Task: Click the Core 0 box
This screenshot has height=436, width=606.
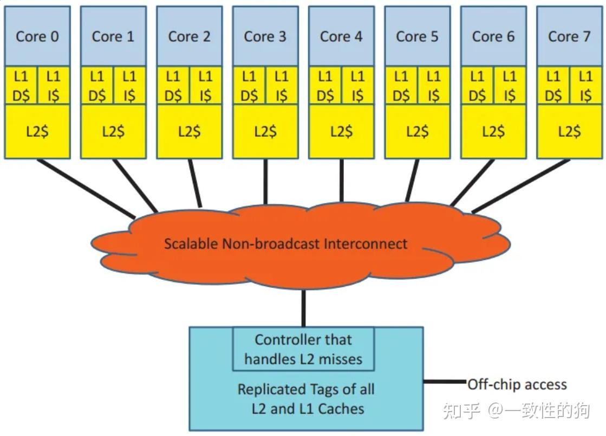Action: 37,36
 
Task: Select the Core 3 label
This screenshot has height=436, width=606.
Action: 265,36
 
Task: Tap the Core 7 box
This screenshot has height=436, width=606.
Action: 569,36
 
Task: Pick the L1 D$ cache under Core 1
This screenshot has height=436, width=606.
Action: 97,86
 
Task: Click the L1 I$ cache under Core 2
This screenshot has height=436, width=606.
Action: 206,86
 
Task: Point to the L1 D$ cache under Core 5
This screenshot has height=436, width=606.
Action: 401,86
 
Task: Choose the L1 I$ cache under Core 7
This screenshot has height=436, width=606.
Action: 585,86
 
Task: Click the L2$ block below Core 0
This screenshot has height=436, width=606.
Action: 37,131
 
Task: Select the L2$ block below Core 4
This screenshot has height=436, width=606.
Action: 341,131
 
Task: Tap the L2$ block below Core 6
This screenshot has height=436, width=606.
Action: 493,131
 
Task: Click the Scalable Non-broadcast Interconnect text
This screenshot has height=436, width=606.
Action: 285,243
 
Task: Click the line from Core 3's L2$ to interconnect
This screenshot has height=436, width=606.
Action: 265,182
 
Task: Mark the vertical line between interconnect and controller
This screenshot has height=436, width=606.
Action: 303,308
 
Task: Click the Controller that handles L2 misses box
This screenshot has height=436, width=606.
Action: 303,349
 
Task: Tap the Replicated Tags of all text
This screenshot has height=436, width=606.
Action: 306,389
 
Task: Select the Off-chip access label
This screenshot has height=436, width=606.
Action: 517,385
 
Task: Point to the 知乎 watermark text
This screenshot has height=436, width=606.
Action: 461,411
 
